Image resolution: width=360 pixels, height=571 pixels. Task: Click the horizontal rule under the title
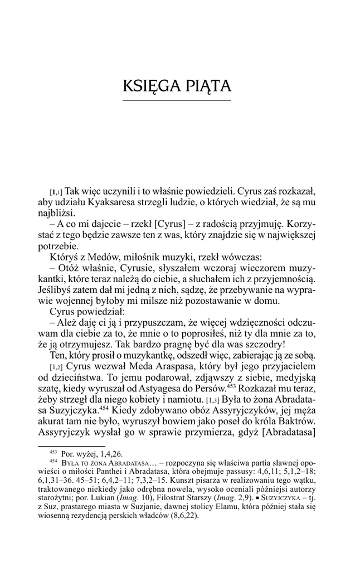pyautogui.click(x=177, y=100)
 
